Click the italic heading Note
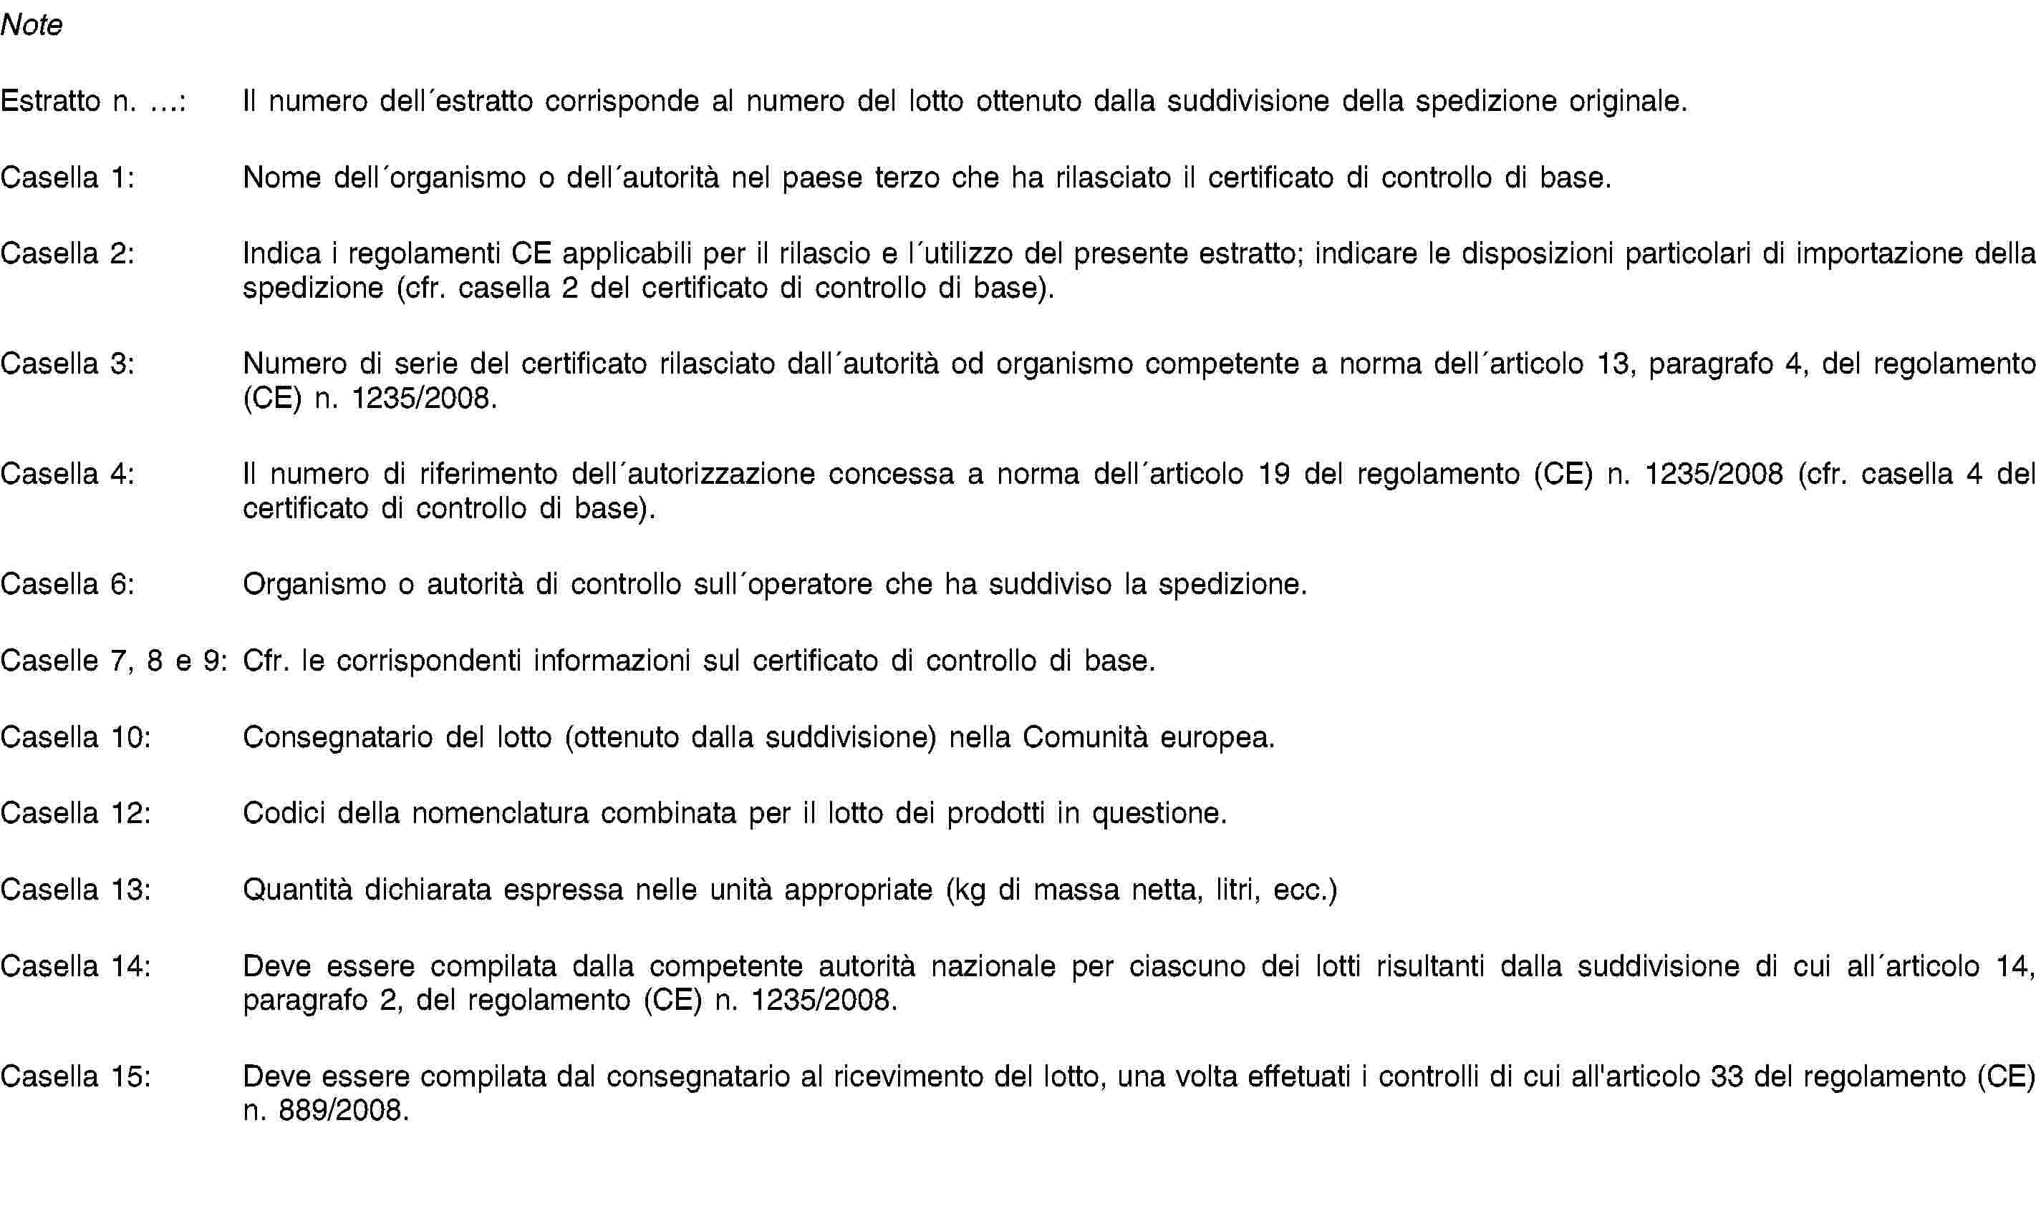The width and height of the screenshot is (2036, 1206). (32, 25)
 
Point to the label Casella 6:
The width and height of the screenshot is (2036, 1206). (67, 584)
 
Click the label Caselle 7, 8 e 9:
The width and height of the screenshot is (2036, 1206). (114, 661)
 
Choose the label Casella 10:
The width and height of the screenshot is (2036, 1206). (76, 737)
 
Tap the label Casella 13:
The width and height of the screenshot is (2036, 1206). (76, 890)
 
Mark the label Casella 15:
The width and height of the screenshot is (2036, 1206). (76, 1076)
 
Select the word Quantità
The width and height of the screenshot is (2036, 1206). (299, 890)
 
